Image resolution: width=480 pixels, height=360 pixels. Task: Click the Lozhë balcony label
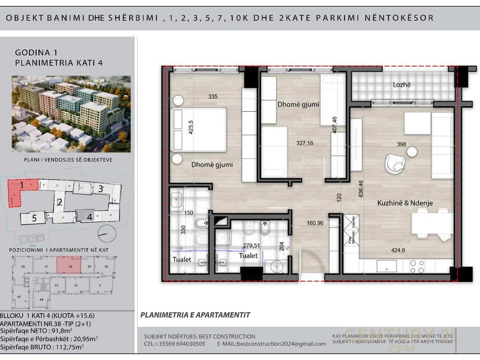pos(401,85)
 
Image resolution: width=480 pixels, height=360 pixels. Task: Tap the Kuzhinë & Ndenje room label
pos(405,203)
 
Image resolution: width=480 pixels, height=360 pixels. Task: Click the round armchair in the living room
pos(395,163)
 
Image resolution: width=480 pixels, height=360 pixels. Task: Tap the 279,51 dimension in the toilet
pos(251,245)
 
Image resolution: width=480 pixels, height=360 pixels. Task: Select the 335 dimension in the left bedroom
pos(213,97)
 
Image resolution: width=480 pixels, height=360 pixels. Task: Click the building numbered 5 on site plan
pos(34,218)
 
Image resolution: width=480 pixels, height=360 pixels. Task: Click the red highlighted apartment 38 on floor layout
pos(70,265)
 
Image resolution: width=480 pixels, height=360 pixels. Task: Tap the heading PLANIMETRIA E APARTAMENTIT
pos(195,315)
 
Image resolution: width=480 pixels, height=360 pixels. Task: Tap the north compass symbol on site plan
pos(106,232)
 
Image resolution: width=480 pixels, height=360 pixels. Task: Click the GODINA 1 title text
pos(36,52)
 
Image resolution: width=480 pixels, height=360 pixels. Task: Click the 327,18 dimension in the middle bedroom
pos(304,143)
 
